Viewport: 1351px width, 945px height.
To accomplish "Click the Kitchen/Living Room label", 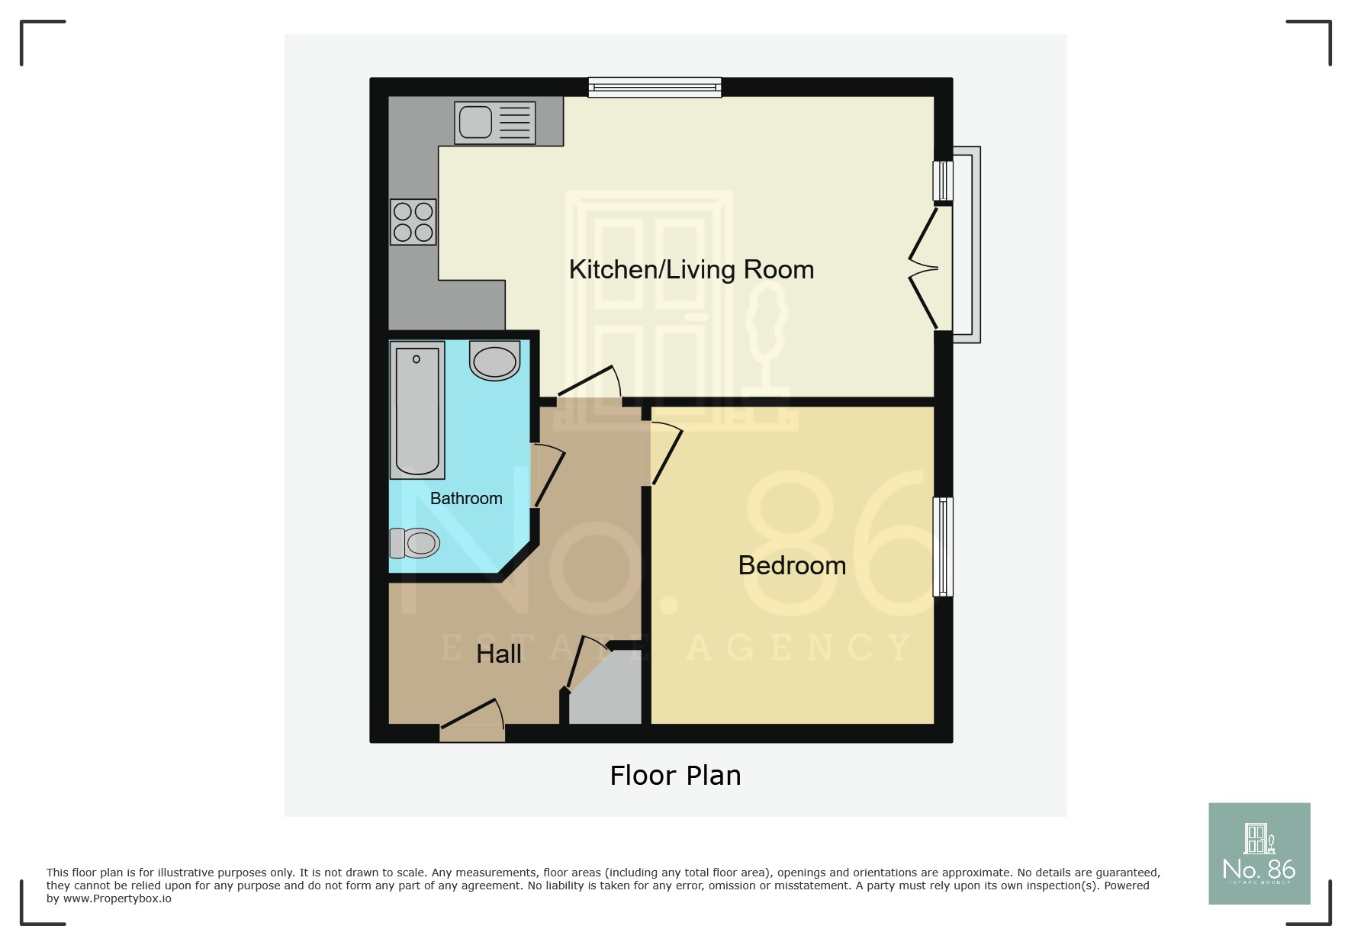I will (x=691, y=269).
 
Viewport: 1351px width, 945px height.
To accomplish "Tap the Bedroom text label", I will (x=792, y=565).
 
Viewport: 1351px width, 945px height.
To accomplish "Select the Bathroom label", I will (x=466, y=498).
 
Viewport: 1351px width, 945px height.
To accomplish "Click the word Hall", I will (x=499, y=654).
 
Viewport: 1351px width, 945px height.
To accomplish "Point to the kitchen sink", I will (x=494, y=122).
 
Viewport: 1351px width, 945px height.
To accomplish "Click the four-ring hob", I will (x=413, y=222).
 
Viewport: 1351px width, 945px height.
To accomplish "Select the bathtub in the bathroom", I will (x=417, y=410).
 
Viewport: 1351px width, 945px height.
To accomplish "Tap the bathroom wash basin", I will (x=494, y=362).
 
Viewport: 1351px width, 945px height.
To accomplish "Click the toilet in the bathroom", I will (x=415, y=543).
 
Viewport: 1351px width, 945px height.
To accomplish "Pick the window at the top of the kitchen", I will (x=655, y=88).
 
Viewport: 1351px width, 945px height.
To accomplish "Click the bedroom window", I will (x=943, y=546).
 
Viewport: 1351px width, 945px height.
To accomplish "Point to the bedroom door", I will (x=664, y=456).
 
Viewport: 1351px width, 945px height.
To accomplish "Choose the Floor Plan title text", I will (x=675, y=775).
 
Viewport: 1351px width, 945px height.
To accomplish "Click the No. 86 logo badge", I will (x=1259, y=853).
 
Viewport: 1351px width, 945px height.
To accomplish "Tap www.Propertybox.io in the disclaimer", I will (x=117, y=898).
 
